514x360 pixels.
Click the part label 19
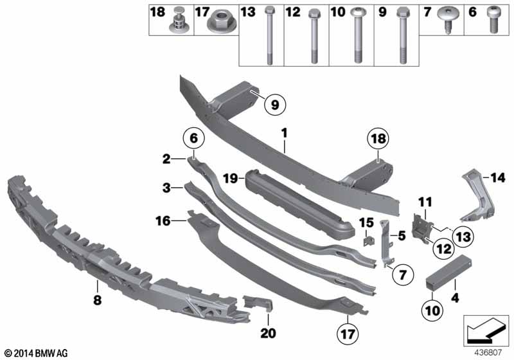231,175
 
